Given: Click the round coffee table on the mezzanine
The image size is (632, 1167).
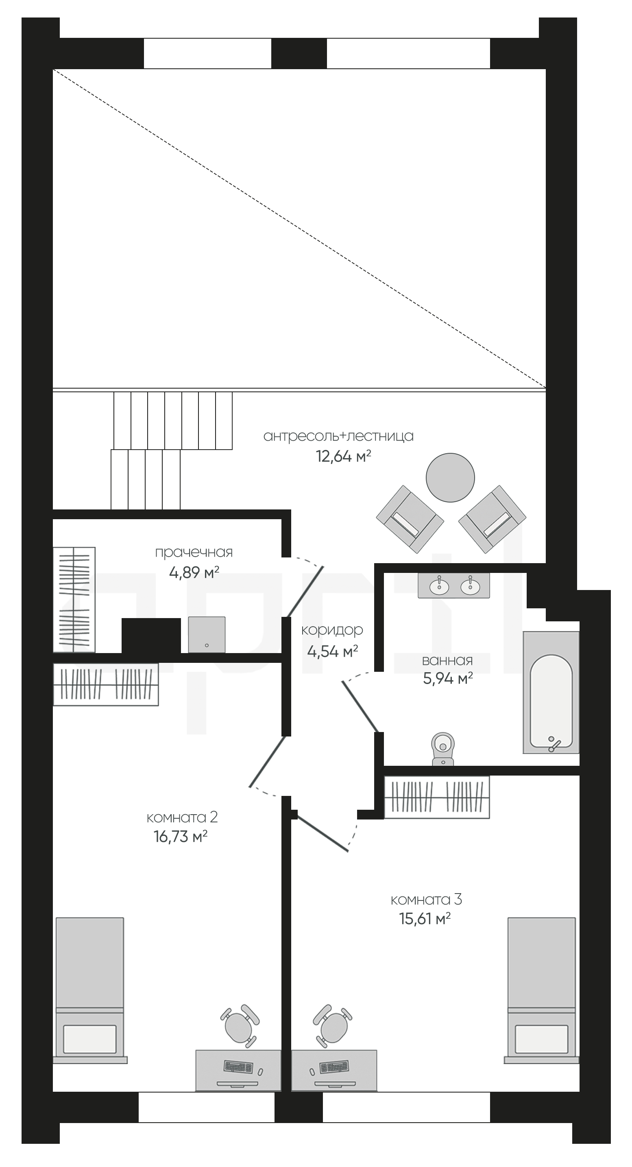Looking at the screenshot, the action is pos(450,477).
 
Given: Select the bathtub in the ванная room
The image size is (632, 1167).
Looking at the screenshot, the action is pos(551,692).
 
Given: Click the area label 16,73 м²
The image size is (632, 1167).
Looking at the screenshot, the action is pos(180,836).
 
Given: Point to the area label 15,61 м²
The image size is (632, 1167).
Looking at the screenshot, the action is pos(425,918).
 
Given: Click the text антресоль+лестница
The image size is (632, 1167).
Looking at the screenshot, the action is pos(338,436).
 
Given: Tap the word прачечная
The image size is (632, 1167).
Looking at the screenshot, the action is pos(194,552).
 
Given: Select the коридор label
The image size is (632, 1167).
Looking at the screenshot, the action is pos(332,630).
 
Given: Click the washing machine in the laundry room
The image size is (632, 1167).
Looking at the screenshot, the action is pos(207,634).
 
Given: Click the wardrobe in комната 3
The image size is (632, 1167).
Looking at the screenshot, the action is pos(437,798).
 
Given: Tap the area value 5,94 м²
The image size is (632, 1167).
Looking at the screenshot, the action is pos(448,679).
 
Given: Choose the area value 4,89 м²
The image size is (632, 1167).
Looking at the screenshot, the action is pos(194,573).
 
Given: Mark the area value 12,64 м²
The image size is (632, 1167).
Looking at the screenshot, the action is pos(343,456).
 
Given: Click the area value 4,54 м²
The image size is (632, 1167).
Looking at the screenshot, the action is pos(332,651).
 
